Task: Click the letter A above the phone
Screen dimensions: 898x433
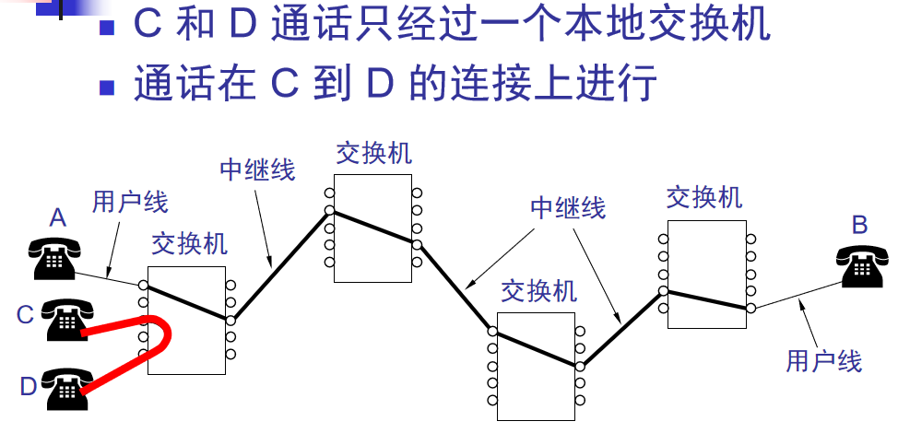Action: [x=58, y=218]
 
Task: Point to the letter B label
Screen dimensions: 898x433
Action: [x=859, y=223]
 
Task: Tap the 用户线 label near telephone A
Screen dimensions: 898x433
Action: [x=130, y=201]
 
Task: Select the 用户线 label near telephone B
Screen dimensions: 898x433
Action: [x=823, y=360]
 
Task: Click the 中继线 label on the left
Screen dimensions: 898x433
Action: [x=257, y=169]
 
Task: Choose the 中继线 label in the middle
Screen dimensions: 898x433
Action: [x=568, y=207]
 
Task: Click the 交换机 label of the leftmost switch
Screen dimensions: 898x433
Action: [x=189, y=243]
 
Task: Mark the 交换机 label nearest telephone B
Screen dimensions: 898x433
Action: [x=704, y=197]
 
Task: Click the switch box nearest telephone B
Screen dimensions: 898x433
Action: [x=707, y=274]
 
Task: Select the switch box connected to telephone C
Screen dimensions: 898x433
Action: [x=186, y=320]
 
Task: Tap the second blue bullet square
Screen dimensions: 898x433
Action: [x=108, y=88]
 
